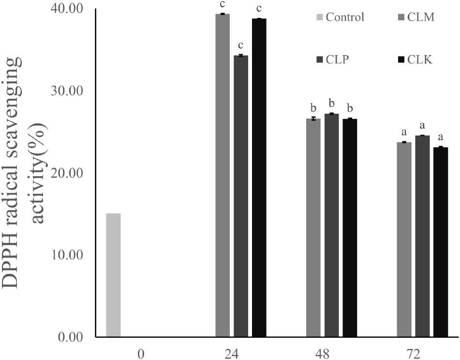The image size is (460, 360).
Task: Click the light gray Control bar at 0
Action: click(113, 275)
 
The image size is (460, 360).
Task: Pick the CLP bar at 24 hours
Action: click(241, 196)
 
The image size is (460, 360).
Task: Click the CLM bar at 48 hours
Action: click(313, 227)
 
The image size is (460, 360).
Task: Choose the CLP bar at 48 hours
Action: click(331, 225)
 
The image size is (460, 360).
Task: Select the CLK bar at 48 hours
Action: click(350, 227)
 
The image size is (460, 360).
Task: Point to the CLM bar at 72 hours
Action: click(404, 239)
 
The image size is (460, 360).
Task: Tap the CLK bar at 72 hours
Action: click(440, 242)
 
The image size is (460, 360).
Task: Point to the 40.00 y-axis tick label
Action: click(69, 10)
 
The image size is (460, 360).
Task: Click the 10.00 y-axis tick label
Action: click(69, 255)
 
